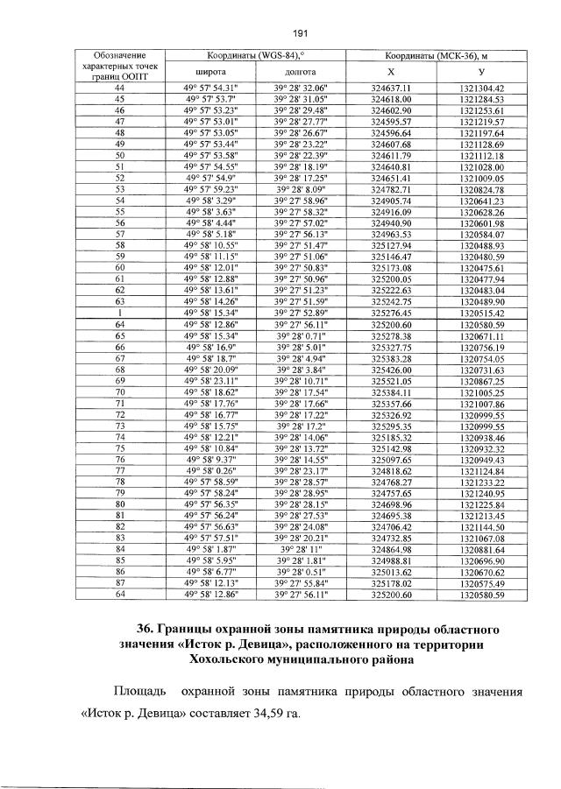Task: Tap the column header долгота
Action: (x=300, y=72)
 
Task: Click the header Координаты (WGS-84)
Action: (x=255, y=56)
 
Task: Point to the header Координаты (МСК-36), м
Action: (x=435, y=56)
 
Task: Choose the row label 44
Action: (x=120, y=88)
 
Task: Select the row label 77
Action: (x=120, y=470)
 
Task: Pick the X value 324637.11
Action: (x=392, y=88)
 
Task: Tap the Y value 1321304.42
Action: (x=482, y=88)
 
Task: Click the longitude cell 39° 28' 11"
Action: (x=300, y=549)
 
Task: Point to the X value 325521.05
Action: (x=392, y=381)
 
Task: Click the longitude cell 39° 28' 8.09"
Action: (x=300, y=189)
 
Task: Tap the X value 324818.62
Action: (x=392, y=470)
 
